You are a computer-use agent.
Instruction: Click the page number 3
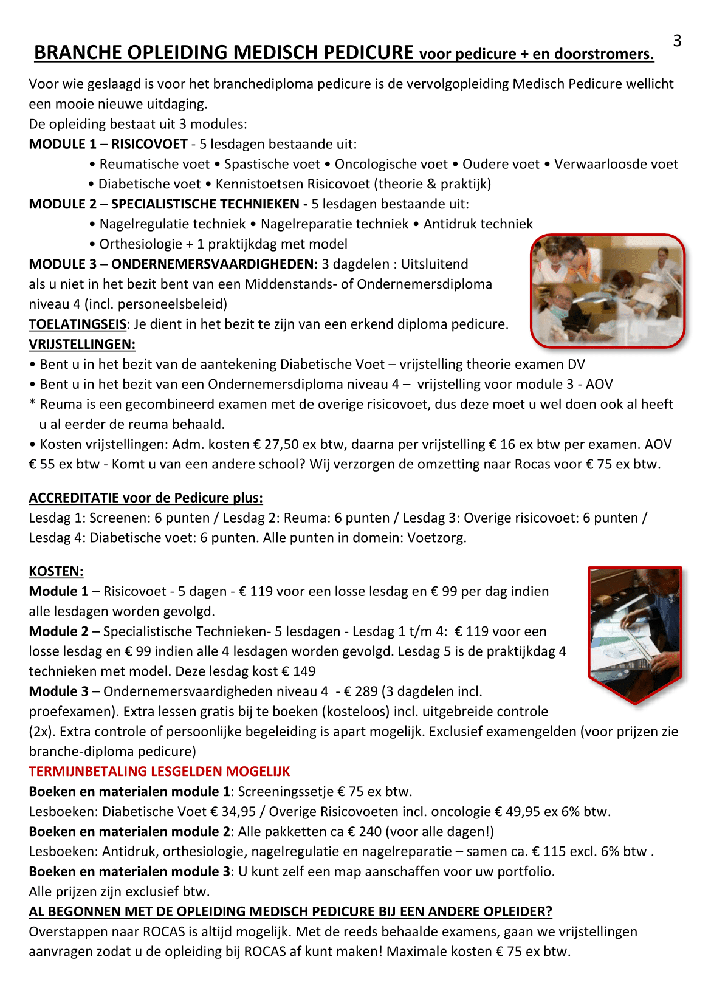(677, 41)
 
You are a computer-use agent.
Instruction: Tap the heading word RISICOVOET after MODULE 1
(149, 144)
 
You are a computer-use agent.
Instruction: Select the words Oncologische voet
(391, 164)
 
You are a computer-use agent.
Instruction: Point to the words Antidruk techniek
(478, 224)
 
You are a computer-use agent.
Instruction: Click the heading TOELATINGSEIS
(78, 324)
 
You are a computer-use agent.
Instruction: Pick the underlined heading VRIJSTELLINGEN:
(82, 345)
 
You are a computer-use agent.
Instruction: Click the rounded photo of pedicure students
(608, 290)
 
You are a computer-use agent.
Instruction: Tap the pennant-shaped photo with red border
(635, 632)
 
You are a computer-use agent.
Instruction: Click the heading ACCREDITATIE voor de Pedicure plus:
(146, 498)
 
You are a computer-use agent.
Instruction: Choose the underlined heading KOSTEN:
(56, 572)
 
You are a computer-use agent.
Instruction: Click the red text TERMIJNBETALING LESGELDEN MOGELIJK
(159, 772)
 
